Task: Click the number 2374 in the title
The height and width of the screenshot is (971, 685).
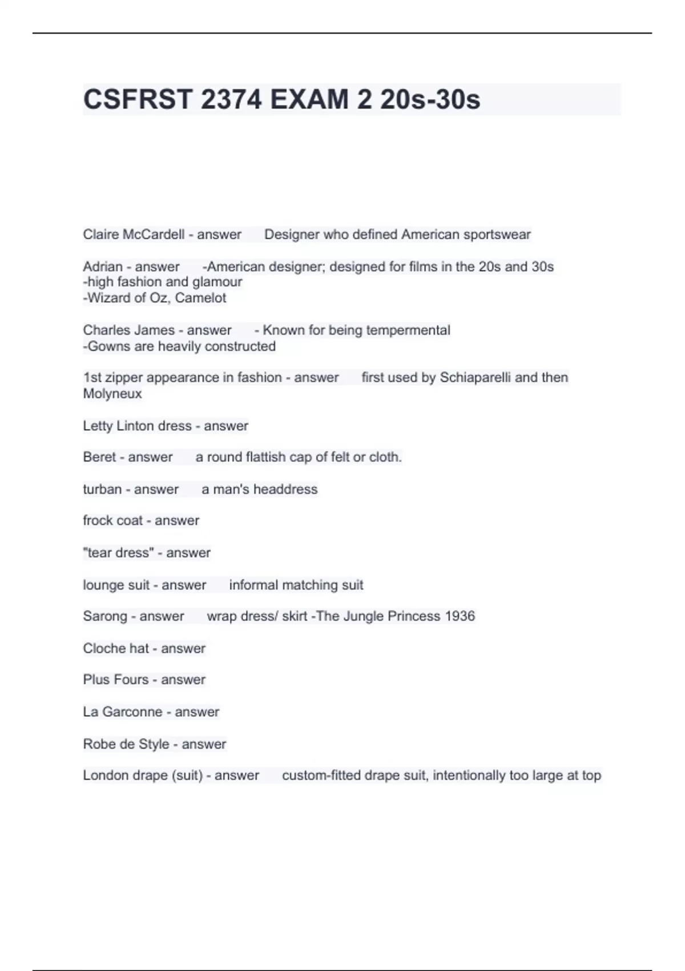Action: click(x=231, y=99)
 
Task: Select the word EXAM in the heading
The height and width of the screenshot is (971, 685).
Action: click(x=309, y=99)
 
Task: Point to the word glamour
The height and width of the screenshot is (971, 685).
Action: click(x=217, y=282)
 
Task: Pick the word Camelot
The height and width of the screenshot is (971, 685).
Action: click(x=200, y=298)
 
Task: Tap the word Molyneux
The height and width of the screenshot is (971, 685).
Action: click(x=112, y=394)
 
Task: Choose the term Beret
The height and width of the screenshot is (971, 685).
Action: click(x=99, y=457)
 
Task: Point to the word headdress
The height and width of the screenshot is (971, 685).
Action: click(x=285, y=489)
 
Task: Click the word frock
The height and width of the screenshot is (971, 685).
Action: click(x=98, y=520)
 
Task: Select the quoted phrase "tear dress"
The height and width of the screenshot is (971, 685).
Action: click(x=118, y=553)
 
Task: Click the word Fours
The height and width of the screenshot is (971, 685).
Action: click(x=131, y=680)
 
